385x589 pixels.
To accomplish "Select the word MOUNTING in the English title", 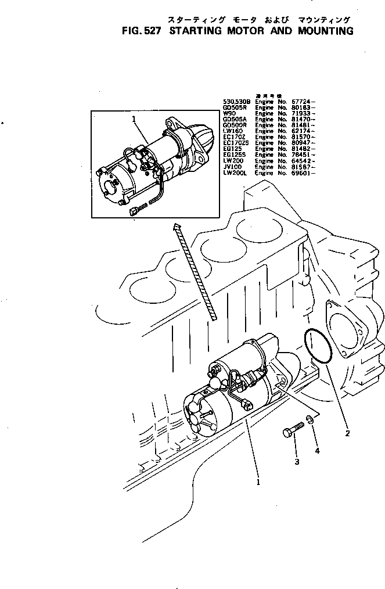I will coord(322,31).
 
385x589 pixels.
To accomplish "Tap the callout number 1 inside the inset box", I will coord(134,119).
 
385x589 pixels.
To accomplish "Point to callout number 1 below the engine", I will coord(257,481).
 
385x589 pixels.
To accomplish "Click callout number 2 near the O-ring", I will coord(347,433).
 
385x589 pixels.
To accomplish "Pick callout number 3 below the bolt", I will coord(297,462).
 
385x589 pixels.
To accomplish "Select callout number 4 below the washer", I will coord(316,450).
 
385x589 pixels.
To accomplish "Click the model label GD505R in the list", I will coord(235,107).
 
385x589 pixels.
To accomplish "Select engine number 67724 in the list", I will coord(302,101).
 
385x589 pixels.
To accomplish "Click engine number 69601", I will coord(302,173).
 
